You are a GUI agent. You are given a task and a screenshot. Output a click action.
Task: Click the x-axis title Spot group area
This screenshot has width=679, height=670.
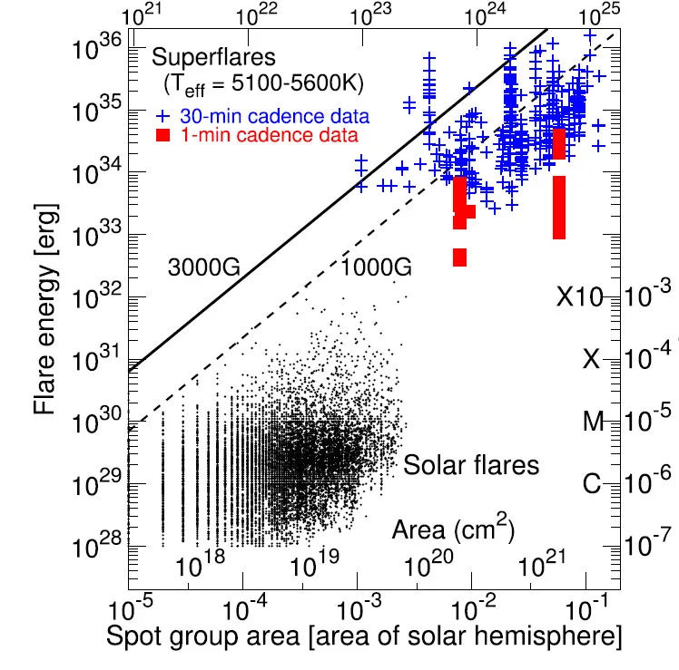pos(363,636)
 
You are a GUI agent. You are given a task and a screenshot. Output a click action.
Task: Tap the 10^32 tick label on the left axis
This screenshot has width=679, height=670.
pos(94,297)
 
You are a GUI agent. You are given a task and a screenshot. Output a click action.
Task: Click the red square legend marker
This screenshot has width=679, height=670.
pos(164,135)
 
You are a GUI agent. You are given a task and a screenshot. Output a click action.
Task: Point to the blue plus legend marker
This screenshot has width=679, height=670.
pos(163,117)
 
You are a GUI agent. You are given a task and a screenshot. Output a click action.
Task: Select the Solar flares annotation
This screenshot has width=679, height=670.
pos(471,466)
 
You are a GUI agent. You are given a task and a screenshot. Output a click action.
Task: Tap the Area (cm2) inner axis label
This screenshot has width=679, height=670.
pos(454,529)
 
